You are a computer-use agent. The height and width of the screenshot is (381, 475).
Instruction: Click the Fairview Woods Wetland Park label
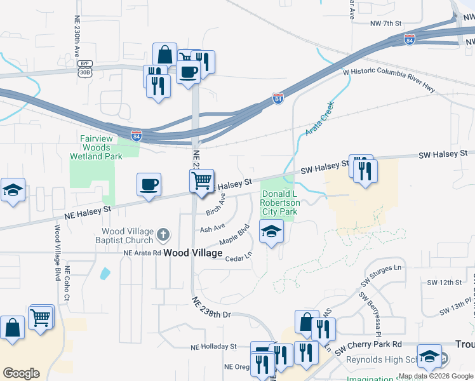tap(104, 147)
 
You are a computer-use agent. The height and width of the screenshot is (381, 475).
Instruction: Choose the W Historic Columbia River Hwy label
tap(389, 81)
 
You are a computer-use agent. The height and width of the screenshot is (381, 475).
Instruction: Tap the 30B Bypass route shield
tap(84, 68)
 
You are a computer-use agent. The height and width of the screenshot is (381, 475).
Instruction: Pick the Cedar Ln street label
tap(239, 257)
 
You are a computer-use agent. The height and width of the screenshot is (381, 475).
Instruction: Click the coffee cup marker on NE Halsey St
tap(149, 185)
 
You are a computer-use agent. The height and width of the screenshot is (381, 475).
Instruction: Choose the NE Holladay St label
tap(214, 347)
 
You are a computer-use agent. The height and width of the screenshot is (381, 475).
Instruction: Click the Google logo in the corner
tap(21, 373)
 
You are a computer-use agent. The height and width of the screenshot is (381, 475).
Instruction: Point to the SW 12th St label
tap(443, 281)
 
